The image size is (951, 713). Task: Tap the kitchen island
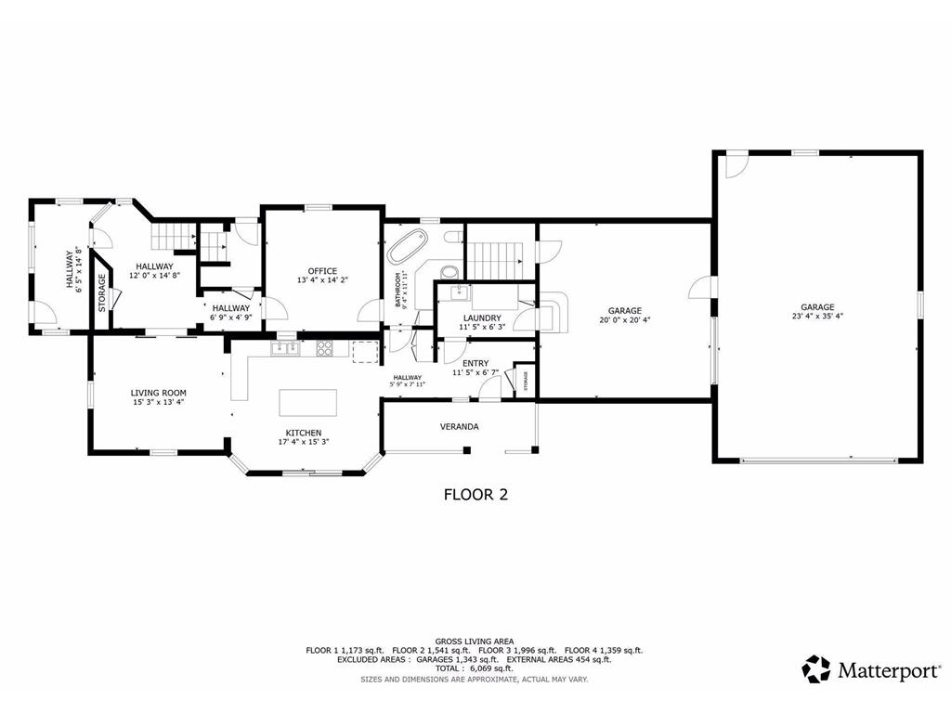[x=308, y=402]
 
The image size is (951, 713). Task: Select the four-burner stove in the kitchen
[x=325, y=349]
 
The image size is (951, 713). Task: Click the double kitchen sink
[x=283, y=349]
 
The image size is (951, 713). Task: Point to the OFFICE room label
[x=322, y=271]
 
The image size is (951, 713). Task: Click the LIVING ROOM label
[x=158, y=393]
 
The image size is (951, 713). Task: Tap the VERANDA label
[x=459, y=427]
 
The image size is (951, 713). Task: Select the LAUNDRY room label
[x=482, y=318]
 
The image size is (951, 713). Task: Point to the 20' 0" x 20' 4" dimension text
[x=625, y=320]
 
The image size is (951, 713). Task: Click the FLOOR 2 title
[x=475, y=495]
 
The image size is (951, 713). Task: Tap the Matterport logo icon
[x=816, y=668]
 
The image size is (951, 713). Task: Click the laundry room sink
[x=459, y=292]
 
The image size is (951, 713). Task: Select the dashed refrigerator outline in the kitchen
[x=366, y=351]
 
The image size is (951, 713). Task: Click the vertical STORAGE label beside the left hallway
[x=102, y=292]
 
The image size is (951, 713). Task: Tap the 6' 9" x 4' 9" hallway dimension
[x=230, y=318]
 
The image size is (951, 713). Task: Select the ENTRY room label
[x=475, y=363]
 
